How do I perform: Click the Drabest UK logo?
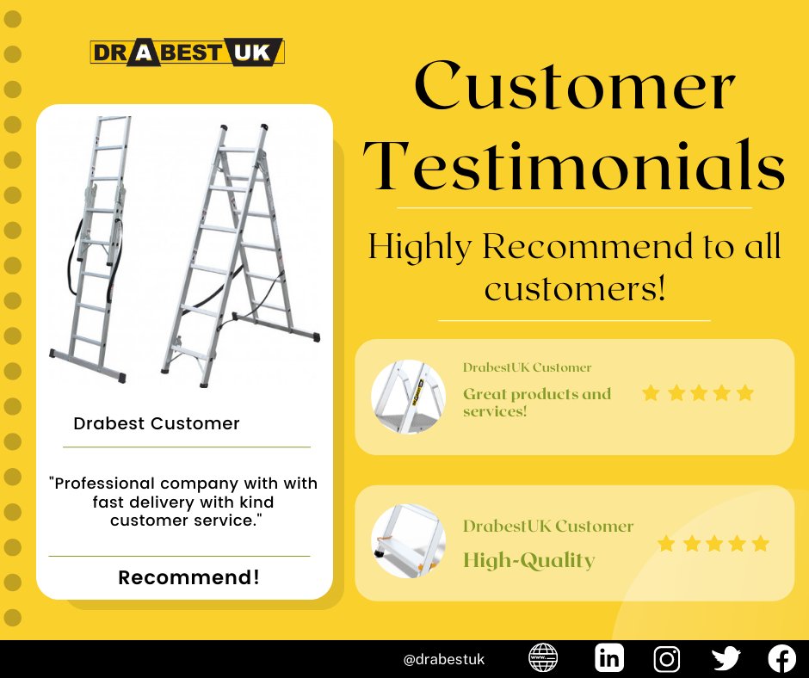click(x=187, y=53)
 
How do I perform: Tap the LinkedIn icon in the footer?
click(x=609, y=659)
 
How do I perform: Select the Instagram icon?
click(x=667, y=659)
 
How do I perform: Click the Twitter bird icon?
click(x=726, y=659)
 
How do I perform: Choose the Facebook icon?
click(x=781, y=659)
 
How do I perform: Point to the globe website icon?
click(x=542, y=659)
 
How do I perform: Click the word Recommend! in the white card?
click(x=189, y=577)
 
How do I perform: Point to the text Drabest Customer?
click(x=157, y=423)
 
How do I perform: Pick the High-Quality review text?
click(x=528, y=561)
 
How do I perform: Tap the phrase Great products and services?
click(x=537, y=402)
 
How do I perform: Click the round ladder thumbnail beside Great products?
click(x=408, y=397)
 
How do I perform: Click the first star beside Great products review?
click(x=651, y=394)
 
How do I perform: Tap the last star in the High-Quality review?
click(x=760, y=544)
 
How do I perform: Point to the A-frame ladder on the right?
click(x=239, y=254)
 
